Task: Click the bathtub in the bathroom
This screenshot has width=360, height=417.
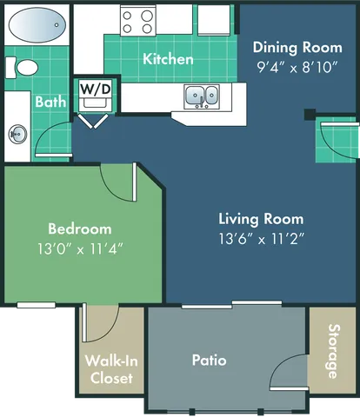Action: click(37, 23)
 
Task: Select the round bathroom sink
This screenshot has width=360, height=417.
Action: click(17, 135)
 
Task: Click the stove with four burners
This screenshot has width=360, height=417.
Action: click(137, 21)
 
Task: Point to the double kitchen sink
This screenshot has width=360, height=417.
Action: click(201, 95)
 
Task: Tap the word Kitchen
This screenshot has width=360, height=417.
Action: click(168, 59)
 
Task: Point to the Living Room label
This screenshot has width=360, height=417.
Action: click(261, 219)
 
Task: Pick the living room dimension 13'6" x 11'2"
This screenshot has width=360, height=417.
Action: click(261, 236)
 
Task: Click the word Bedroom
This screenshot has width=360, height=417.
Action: click(79, 228)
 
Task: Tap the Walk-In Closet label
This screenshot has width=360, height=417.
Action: click(110, 369)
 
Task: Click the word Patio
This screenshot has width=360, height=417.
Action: click(209, 359)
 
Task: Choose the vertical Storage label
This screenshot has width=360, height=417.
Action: click(332, 351)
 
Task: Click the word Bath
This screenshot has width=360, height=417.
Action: click(50, 102)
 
